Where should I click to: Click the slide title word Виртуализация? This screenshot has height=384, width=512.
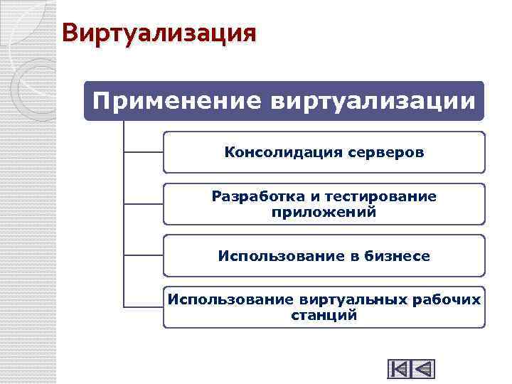click(158, 33)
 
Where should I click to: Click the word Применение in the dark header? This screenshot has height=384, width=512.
click(176, 101)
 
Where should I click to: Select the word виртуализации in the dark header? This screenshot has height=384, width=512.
click(373, 101)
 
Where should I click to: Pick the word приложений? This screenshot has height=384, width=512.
click(324, 212)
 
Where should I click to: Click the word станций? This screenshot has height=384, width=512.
click(324, 315)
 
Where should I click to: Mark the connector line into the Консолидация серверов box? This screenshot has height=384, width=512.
click(144, 151)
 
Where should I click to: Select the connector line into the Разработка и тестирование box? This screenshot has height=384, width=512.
click(144, 203)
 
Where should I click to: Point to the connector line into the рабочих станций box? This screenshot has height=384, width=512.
click(144, 306)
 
